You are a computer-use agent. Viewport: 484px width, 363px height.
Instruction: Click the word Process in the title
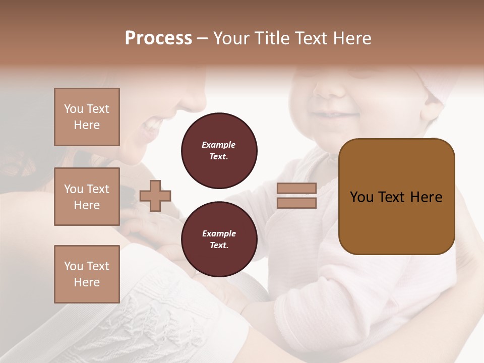[x=158, y=38]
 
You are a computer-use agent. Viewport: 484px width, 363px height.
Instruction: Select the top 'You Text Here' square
[x=87, y=117]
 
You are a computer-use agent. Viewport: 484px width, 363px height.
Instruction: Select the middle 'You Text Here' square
[x=87, y=197]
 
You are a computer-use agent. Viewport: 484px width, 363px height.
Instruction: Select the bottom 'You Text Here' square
[x=87, y=274]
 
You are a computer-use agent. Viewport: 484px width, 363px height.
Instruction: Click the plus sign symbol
[x=155, y=196]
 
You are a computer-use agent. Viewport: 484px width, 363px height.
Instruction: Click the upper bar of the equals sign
[x=296, y=189]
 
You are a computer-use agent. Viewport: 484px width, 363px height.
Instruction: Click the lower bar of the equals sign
[x=296, y=203]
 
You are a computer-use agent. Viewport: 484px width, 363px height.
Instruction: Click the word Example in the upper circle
[x=218, y=145]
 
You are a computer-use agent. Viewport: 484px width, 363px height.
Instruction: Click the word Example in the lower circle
[x=219, y=233]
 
